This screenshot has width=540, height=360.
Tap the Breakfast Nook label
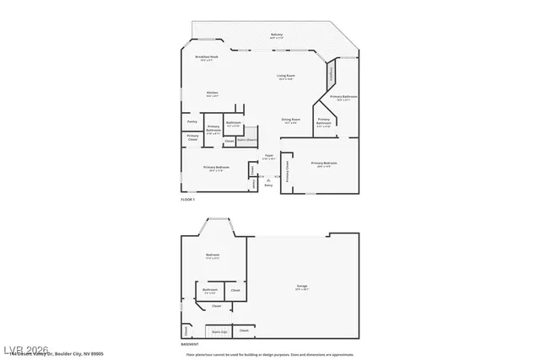(x=207, y=57)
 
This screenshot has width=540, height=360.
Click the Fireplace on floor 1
(x=332, y=75)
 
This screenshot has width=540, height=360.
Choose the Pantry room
(x=192, y=121)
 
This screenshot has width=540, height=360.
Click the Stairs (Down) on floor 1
(x=246, y=141)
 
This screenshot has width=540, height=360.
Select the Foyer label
(x=269, y=156)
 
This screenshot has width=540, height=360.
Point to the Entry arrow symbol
(x=268, y=179)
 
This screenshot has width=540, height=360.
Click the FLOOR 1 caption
(x=187, y=200)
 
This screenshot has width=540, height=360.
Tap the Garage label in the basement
(x=301, y=287)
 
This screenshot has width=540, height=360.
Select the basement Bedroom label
(x=213, y=255)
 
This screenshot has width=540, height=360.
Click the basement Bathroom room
(x=209, y=292)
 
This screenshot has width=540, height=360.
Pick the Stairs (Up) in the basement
(x=218, y=331)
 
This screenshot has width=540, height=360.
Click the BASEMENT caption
(x=190, y=344)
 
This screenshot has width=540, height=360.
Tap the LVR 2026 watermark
(x=26, y=348)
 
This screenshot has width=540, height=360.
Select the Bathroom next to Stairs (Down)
(x=234, y=125)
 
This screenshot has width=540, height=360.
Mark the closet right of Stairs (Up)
(x=244, y=330)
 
